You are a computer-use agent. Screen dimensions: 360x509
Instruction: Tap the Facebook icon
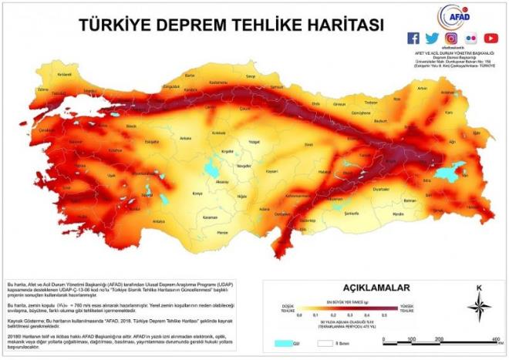coord(413,38)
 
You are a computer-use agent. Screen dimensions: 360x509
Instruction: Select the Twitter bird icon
coord(432,38)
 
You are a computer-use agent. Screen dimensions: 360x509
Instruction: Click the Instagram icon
coord(452,38)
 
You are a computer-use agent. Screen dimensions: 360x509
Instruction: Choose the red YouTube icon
coord(491,38)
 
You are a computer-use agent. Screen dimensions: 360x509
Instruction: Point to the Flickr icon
coord(471,38)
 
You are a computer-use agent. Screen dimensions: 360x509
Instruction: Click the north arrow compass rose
coord(479,308)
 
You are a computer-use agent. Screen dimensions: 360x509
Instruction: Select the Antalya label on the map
coord(159,221)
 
